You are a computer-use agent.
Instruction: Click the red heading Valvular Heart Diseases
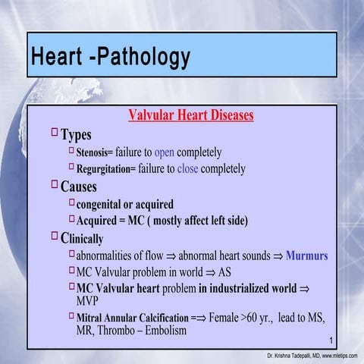click(x=190, y=116)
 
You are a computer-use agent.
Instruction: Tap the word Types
click(x=76, y=135)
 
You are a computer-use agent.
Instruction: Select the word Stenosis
click(x=94, y=152)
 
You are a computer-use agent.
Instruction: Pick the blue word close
click(x=187, y=168)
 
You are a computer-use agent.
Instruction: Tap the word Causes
click(x=79, y=187)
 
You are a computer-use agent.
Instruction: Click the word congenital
click(x=103, y=204)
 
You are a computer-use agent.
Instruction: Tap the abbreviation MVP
click(x=89, y=301)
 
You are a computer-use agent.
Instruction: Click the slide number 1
click(x=333, y=337)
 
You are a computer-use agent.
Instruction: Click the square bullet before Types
click(x=54, y=133)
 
